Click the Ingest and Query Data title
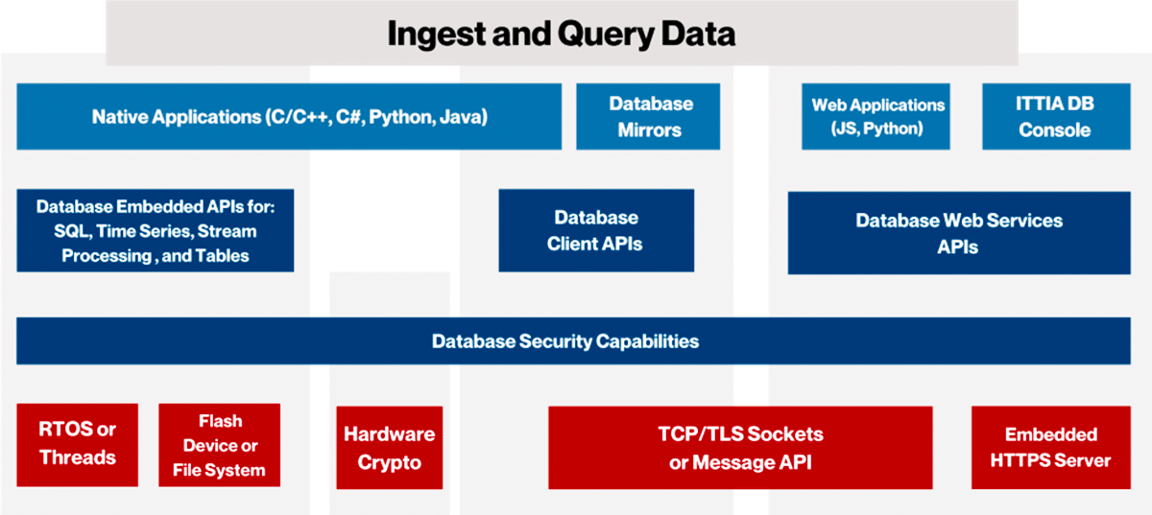tap(561, 34)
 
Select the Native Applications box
tap(289, 117)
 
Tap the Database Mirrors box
tap(648, 117)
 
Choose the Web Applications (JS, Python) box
tap(876, 117)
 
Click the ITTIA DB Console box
tap(1056, 117)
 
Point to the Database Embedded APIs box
tap(156, 230)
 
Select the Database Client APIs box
tap(596, 230)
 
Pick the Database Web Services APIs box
tap(959, 233)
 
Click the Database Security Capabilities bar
tap(573, 340)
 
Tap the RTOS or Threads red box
tap(77, 445)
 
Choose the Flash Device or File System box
tap(220, 445)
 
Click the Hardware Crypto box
tap(390, 447)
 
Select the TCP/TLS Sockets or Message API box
tap(740, 447)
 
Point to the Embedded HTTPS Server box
tap(1050, 447)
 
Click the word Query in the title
tap(606, 35)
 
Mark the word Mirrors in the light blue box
tap(650, 130)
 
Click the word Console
tap(1055, 130)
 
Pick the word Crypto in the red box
tap(390, 462)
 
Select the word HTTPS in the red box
tap(1017, 460)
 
